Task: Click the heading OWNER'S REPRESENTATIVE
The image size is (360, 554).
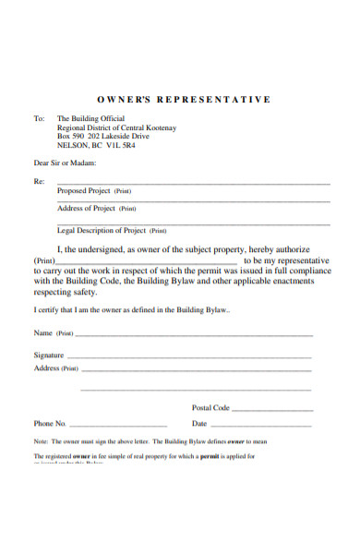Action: [183, 99]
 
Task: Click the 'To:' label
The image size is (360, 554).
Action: [39, 119]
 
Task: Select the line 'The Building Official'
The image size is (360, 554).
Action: [90, 119]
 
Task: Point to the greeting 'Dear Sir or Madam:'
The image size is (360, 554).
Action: [65, 163]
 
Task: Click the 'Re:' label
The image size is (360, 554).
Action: [39, 182]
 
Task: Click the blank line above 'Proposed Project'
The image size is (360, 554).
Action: [194, 183]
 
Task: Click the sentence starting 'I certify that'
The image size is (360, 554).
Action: [132, 309]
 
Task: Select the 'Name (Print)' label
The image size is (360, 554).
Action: [54, 332]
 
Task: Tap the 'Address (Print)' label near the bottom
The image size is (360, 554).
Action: [56, 368]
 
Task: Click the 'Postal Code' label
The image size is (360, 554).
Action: [210, 407]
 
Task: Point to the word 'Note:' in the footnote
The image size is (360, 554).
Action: [42, 442]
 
